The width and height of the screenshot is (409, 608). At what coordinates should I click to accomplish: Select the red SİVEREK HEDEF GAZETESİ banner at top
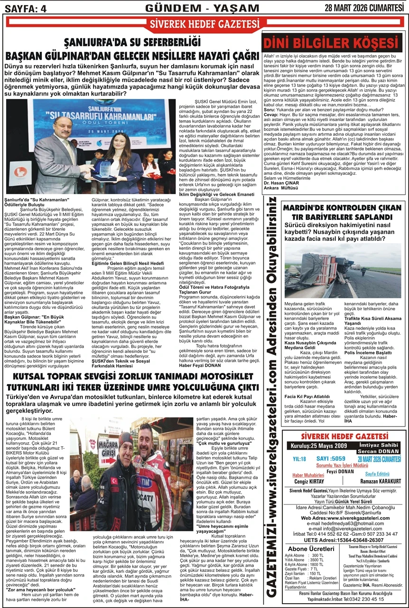tap(204, 24)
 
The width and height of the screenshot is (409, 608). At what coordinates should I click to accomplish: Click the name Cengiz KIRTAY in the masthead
tap(308, 481)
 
